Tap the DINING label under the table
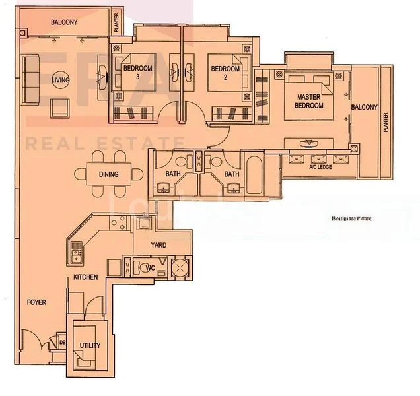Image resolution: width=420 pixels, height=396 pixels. click(x=108, y=175)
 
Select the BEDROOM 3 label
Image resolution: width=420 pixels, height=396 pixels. click(x=137, y=72)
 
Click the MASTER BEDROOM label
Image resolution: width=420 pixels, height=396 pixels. click(x=308, y=100)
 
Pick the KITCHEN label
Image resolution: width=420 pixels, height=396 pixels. click(x=86, y=277)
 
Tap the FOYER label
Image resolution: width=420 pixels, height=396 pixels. click(x=36, y=302)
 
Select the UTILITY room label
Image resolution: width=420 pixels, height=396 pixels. click(x=90, y=345)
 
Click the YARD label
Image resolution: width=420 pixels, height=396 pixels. click(x=158, y=245)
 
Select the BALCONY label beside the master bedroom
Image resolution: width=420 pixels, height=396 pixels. click(x=364, y=107)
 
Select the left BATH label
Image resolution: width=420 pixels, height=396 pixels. click(x=173, y=174)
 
